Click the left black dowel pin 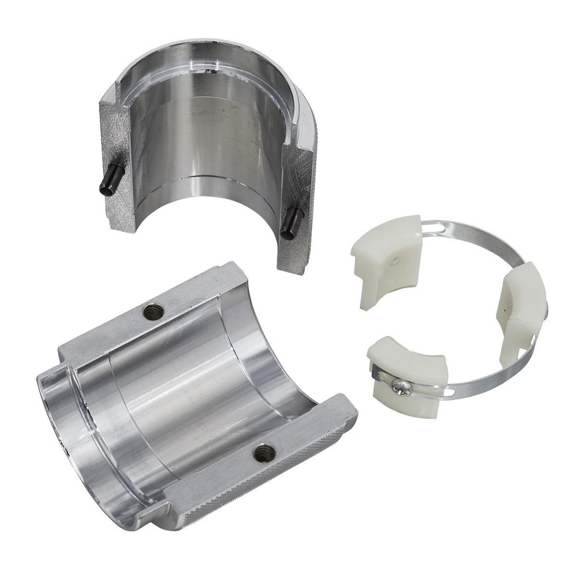coord(111,179)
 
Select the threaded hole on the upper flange coord(153,312)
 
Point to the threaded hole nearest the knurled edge coord(264,453)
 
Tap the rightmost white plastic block coord(521,305)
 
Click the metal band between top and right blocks coord(478,236)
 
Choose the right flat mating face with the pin coord(297,207)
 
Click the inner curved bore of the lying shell coord(190,392)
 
